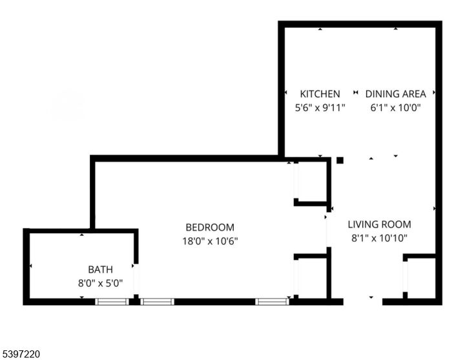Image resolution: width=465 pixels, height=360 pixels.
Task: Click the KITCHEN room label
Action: click(320, 94)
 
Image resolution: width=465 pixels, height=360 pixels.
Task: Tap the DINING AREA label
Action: click(395, 94)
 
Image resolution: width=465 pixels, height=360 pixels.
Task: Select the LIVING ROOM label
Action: click(379, 225)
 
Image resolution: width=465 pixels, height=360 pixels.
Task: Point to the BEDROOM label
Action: click(210, 228)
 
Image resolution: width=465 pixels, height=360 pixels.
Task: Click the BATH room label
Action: click(100, 270)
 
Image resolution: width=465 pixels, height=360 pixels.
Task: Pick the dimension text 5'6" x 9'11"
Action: click(320, 108)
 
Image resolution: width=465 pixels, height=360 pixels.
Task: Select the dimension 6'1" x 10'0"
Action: click(395, 108)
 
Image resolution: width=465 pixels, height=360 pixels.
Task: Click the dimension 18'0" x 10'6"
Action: click(210, 241)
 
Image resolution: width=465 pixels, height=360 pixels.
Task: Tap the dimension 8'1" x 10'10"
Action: click(379, 238)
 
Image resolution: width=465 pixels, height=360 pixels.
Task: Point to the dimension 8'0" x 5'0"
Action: click(100, 282)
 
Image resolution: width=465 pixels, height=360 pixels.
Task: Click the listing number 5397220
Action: click(22, 354)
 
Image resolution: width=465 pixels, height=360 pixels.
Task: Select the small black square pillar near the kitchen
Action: click(340, 160)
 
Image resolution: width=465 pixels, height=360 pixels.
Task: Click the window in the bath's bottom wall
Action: click(112, 301)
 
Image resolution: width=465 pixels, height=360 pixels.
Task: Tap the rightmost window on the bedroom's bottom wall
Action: click(271, 301)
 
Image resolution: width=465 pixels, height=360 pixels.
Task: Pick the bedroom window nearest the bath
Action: click(157, 301)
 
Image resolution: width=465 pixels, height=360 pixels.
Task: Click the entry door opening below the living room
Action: click(362, 301)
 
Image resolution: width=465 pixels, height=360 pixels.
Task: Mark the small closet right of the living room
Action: click(420, 278)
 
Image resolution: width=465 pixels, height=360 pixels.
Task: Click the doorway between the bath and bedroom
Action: click(136, 278)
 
